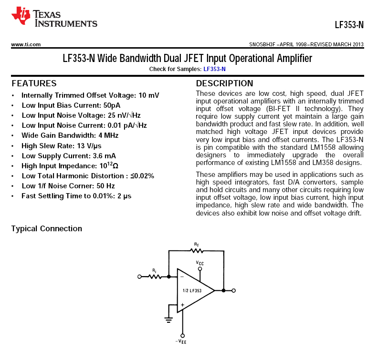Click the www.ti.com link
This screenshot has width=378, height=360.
[26, 44]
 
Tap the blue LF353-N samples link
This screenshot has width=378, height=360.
[214, 69]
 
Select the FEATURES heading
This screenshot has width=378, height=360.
[34, 83]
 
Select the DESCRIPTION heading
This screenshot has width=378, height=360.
[224, 83]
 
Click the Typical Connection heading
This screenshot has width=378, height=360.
[47, 228]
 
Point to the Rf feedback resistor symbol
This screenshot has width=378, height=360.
[196, 250]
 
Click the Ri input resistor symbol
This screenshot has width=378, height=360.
[155, 276]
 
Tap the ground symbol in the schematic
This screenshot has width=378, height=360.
[168, 319]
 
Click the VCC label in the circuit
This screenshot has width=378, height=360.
[200, 262]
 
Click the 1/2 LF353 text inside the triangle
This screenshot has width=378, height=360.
[192, 290]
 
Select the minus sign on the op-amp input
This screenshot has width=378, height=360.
[181, 276]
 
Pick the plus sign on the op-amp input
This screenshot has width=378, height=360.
[181, 305]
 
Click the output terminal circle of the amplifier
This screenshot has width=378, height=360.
[233, 290]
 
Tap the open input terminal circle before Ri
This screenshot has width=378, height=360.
[139, 276]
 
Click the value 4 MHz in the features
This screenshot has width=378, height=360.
[108, 135]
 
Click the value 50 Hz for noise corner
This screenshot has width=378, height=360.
[104, 186]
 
